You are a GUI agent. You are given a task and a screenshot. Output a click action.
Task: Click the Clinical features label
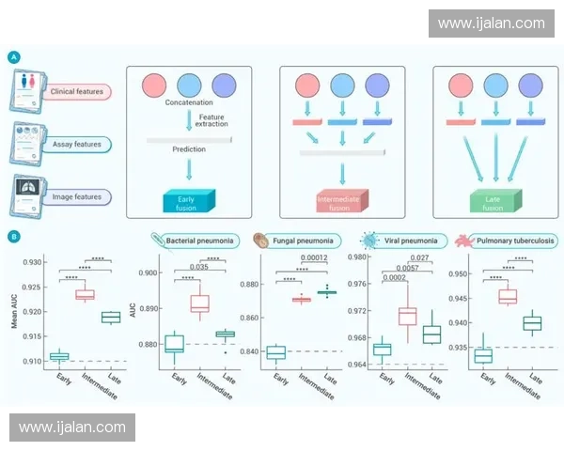76,92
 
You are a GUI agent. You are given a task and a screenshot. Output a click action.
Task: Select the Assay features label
76,145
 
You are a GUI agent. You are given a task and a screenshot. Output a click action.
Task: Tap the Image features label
76,196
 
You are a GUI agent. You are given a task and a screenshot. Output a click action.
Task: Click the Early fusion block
190,200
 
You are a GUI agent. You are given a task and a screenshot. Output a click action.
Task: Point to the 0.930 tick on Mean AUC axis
32,261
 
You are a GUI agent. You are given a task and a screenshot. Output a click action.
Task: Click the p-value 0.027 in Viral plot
419,257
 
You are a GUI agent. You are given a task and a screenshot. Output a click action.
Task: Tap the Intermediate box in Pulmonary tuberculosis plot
508,297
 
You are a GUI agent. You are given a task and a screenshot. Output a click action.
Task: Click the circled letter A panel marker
14,57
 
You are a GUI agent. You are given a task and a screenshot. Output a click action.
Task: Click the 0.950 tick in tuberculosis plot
459,274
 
